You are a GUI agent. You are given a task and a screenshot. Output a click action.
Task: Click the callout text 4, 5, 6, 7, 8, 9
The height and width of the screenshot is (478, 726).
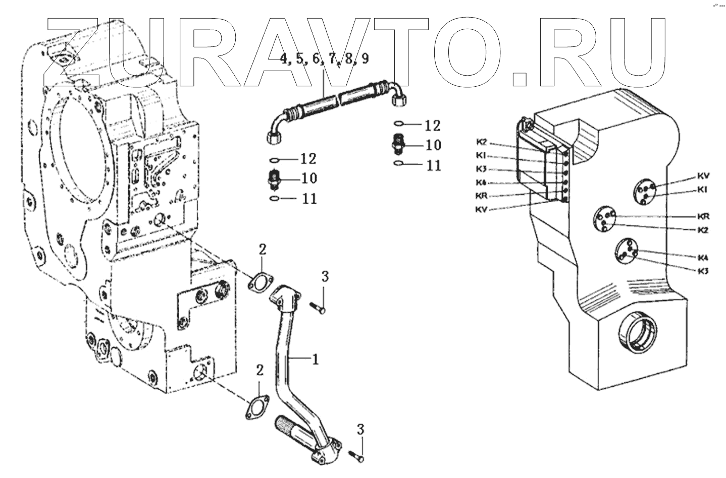[x=324, y=59]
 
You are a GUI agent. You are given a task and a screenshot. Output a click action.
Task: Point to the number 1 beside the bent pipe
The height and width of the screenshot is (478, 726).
[x=315, y=359]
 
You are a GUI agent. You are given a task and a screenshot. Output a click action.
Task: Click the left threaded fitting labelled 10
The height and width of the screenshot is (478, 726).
[x=274, y=180]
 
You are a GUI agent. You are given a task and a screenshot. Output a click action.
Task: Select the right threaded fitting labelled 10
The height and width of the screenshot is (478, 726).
[x=398, y=145]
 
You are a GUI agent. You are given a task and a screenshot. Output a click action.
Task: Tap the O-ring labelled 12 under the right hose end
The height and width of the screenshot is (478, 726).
[x=398, y=124]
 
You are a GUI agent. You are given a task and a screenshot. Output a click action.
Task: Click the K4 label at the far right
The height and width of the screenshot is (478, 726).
[x=703, y=257]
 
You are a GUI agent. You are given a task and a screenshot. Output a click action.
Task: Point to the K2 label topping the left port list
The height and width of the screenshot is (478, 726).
[x=481, y=141]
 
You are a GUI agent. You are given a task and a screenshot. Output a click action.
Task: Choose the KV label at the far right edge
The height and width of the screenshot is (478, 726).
[x=704, y=176]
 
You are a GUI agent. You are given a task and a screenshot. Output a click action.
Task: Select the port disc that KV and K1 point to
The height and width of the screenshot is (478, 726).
[x=646, y=192]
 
